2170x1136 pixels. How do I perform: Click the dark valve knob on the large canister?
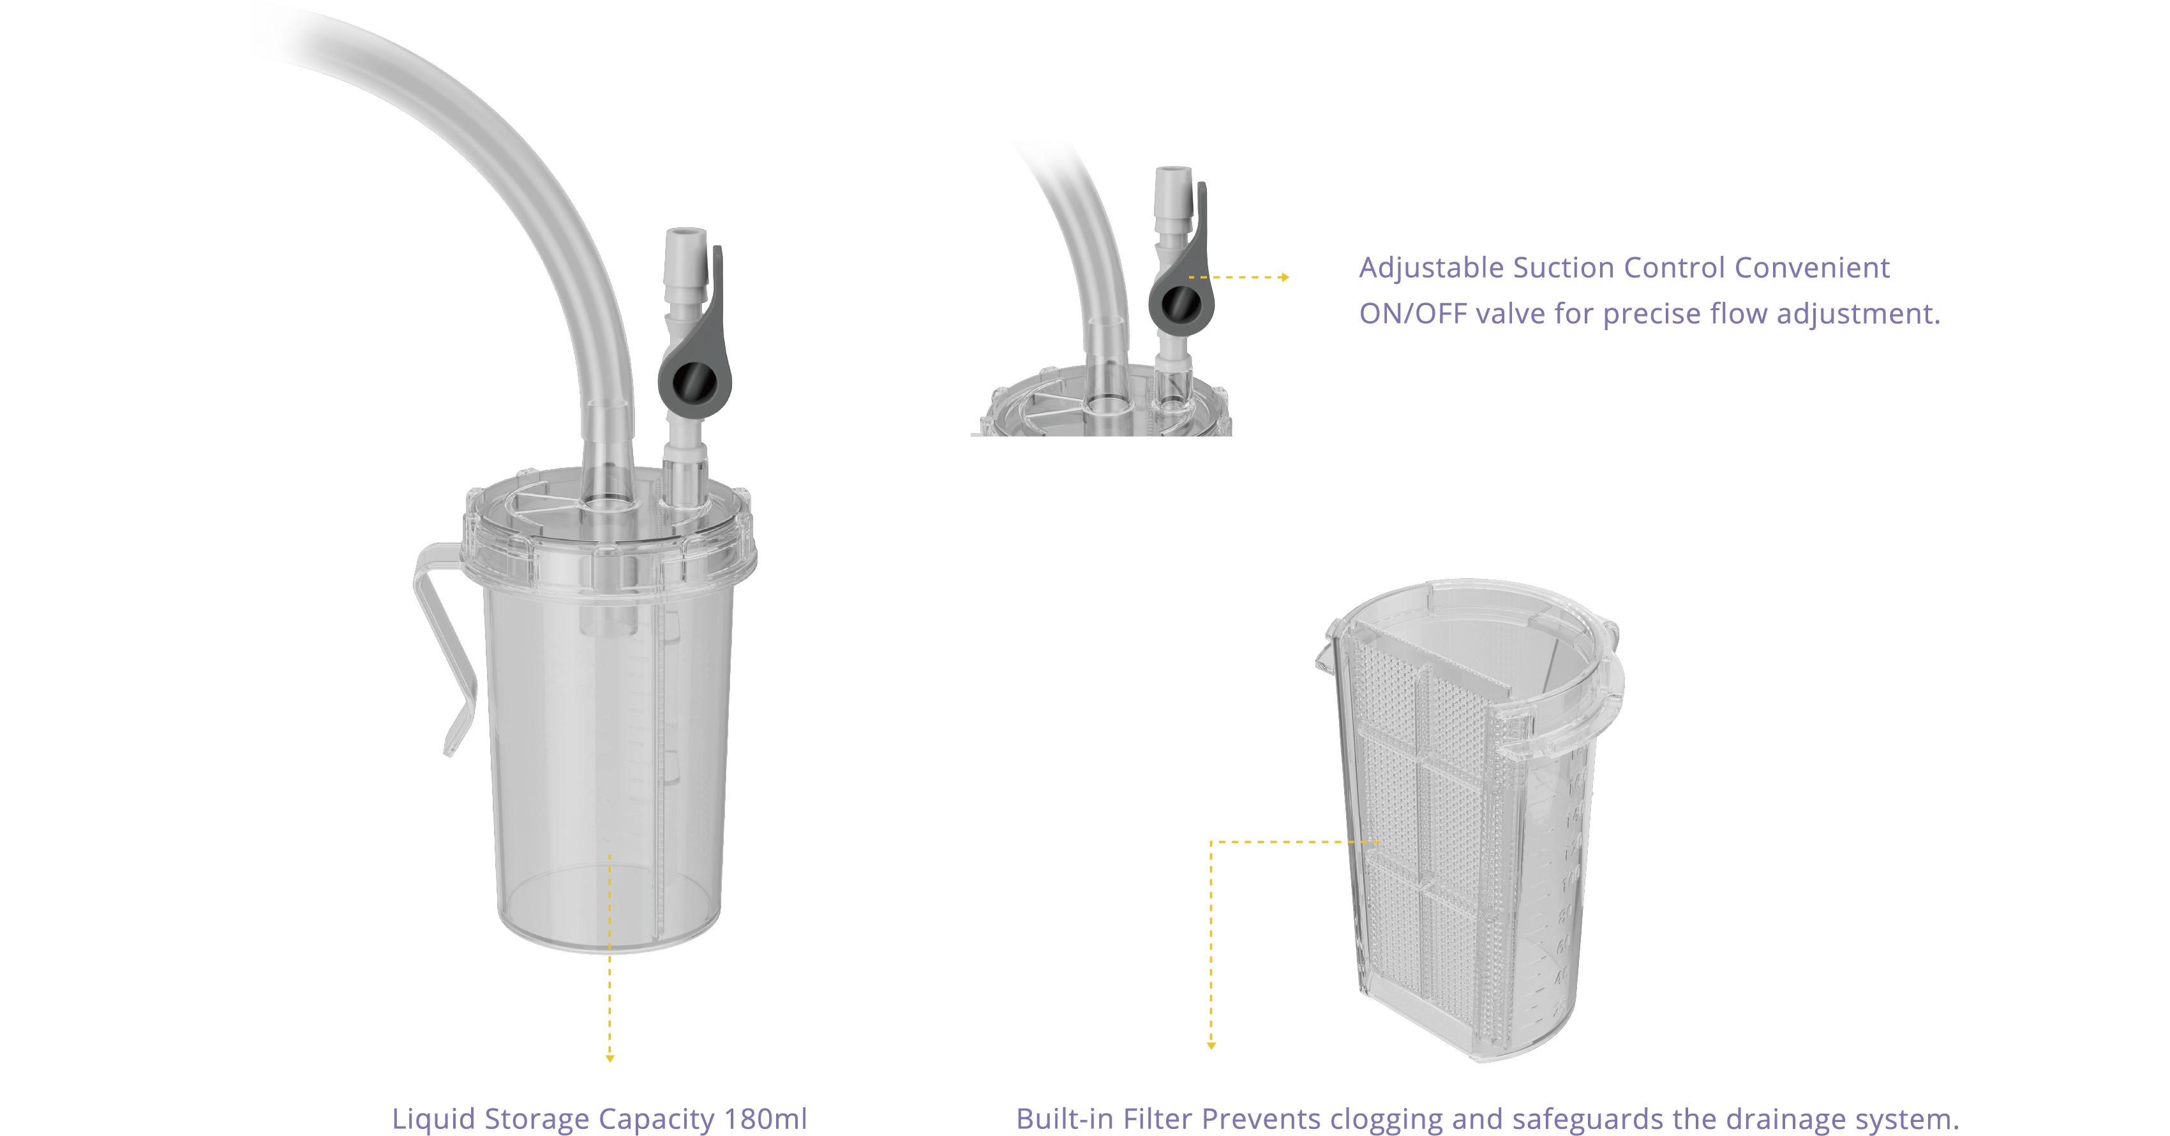tap(695, 382)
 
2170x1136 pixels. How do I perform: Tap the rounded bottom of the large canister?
tap(610, 914)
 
